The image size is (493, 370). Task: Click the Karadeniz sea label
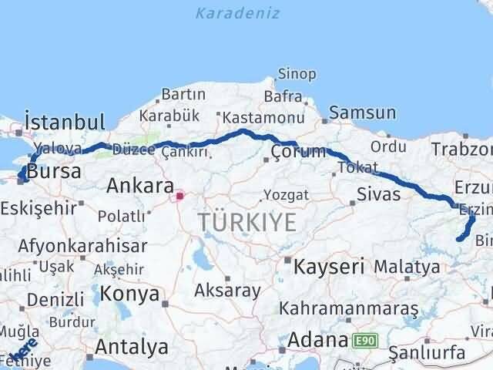tap(237, 14)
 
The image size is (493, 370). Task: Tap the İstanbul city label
tap(64, 122)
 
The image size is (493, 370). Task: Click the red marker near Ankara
tap(180, 196)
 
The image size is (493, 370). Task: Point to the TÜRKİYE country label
tap(246, 223)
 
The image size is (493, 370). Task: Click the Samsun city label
tap(362, 113)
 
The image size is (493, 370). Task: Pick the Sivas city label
tap(378, 193)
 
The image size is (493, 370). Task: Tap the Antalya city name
tap(133, 348)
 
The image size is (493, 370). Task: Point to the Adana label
tap(319, 340)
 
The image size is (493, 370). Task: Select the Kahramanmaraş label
tap(349, 308)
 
